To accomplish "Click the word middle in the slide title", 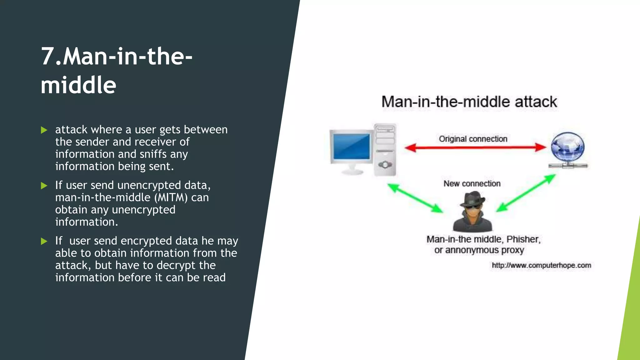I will [x=78, y=85].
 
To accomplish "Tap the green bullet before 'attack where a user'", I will [x=44, y=130].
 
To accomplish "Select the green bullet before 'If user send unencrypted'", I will [x=44, y=186].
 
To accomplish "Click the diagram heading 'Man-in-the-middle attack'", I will [x=469, y=102].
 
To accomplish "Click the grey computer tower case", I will [x=385, y=149].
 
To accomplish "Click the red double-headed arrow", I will [x=475, y=147].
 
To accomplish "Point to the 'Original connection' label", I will [x=473, y=139].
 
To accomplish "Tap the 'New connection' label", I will [x=472, y=183].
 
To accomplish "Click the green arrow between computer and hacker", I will [x=415, y=198].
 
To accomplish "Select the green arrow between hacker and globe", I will [x=526, y=193].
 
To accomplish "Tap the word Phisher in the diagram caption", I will [x=523, y=239].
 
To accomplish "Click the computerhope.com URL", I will [x=541, y=265].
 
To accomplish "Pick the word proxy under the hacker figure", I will [x=512, y=250].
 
